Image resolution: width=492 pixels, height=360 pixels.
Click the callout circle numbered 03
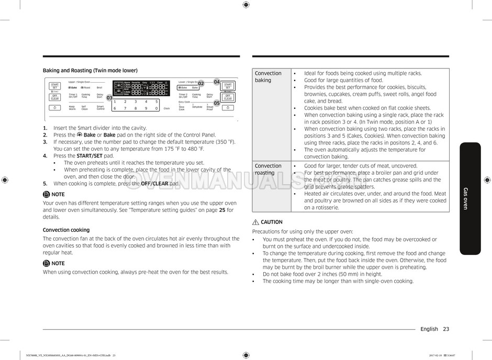coord(109,98)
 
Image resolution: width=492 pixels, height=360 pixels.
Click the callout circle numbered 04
coord(217,82)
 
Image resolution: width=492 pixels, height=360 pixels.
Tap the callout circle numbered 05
coord(217,103)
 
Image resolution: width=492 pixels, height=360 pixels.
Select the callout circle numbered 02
coord(200,84)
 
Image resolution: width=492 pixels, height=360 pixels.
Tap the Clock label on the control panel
coord(166,108)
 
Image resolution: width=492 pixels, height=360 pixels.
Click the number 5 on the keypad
coord(156,102)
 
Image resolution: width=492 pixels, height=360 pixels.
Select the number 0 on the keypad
coord(156,108)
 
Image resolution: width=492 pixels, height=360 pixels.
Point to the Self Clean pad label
coord(84,108)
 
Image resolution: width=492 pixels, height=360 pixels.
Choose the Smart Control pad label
coord(100,108)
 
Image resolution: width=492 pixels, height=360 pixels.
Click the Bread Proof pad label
coord(209,108)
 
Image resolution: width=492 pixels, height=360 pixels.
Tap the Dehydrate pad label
coord(197,107)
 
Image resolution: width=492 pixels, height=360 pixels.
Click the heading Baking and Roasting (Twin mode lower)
coord(90,70)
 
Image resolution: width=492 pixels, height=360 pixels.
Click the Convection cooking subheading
coord(66,230)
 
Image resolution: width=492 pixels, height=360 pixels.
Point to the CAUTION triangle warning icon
coord(255,222)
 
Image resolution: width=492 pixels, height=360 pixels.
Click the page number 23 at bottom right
coord(445,329)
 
